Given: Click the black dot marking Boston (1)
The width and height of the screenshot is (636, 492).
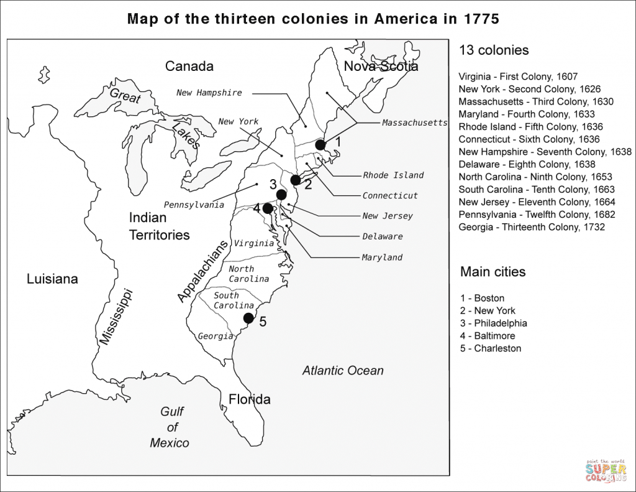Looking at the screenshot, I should click(x=320, y=144).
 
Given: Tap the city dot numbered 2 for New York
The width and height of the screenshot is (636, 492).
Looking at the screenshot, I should click(x=296, y=180).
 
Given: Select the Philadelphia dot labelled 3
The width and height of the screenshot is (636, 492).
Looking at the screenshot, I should click(x=281, y=195).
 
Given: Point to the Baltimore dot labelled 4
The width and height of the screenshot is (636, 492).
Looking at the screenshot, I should click(x=268, y=208).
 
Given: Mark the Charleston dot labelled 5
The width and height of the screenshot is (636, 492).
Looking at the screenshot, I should click(x=248, y=318).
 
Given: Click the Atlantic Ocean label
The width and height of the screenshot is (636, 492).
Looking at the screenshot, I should click(x=343, y=371).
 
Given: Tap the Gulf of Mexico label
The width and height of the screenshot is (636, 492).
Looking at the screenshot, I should click(x=170, y=427).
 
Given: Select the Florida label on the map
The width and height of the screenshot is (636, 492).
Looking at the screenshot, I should click(x=249, y=399).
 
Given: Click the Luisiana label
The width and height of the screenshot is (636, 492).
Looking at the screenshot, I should click(x=52, y=279).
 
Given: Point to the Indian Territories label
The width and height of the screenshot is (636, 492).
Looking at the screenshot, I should click(x=159, y=226).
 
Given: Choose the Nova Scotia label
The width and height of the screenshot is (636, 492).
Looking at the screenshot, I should click(x=381, y=67).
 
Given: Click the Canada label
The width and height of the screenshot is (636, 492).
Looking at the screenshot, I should click(x=189, y=67).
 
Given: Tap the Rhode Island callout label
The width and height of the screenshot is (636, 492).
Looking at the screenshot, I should click(x=393, y=175).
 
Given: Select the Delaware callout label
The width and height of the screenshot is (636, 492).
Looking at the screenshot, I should click(x=383, y=236).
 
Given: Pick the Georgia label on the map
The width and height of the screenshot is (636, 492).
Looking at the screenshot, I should click(x=216, y=336).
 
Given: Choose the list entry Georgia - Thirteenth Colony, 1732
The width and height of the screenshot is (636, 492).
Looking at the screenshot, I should click(x=532, y=227).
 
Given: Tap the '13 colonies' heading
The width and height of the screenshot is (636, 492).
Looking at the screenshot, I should click(x=494, y=50).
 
